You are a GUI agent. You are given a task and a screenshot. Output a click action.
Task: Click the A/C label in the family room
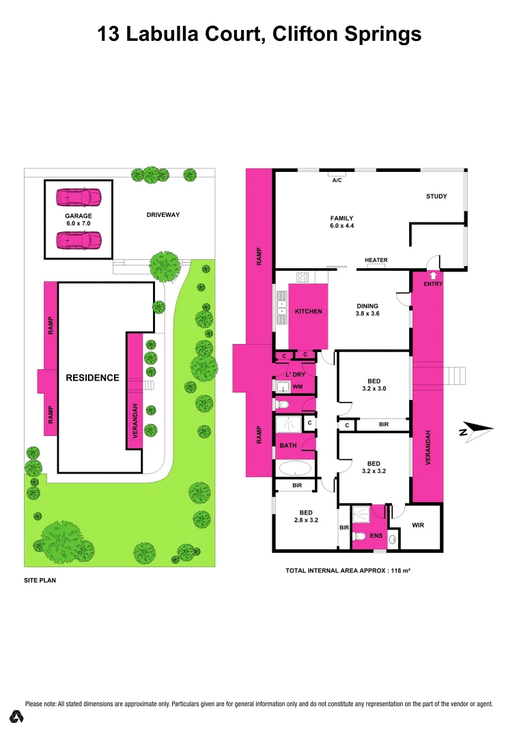pos(337,181)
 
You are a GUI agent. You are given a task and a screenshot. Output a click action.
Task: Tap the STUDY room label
pos(436,197)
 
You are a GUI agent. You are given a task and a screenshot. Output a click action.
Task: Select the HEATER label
pos(376,260)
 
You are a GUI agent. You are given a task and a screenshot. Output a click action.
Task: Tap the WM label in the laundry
pos(297,387)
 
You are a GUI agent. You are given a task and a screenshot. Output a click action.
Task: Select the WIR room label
pos(419,525)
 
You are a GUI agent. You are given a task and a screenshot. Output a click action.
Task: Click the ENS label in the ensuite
pos(376,536)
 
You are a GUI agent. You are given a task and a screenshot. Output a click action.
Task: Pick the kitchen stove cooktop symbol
pos(303,277)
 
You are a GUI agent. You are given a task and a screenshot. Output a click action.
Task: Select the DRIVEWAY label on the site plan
pos(163,215)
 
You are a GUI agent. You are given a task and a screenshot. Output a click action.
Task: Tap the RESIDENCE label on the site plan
pos(92,377)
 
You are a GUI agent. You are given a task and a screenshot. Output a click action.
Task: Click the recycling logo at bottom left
pos(17,717)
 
